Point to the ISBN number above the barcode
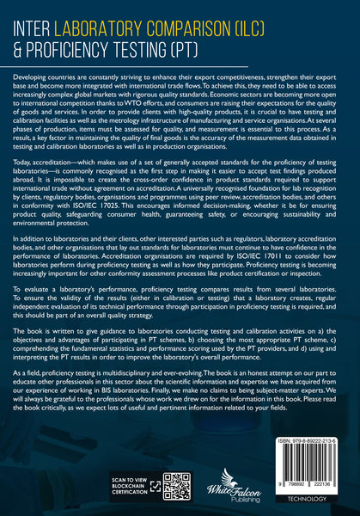click(307, 438)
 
